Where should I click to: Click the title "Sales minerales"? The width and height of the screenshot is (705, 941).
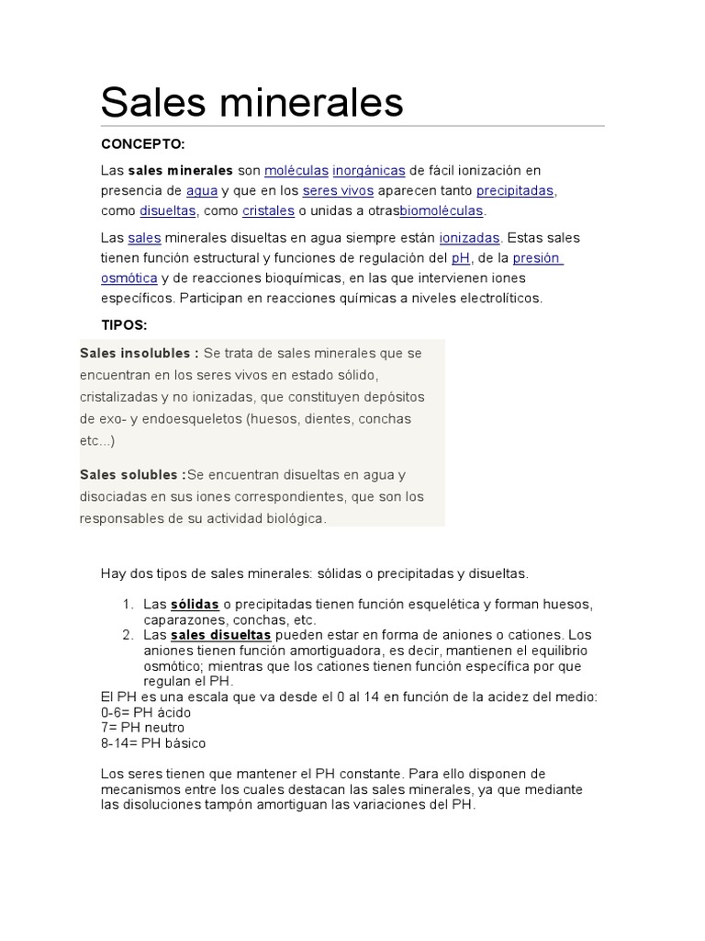[x=252, y=102]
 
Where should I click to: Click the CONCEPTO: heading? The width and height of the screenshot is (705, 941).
[x=142, y=144]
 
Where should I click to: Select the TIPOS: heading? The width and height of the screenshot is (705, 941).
[x=124, y=325]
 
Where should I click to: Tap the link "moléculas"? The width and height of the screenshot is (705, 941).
[x=296, y=170]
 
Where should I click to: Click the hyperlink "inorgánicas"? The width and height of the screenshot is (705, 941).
[x=368, y=170]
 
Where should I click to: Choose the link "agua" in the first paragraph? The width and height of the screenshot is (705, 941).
[x=201, y=190]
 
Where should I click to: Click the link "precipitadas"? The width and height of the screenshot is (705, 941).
[x=515, y=190]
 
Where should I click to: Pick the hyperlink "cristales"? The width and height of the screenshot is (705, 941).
[x=268, y=210]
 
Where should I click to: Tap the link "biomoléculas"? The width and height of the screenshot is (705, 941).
[x=441, y=210]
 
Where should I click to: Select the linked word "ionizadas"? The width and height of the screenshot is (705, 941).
[x=469, y=238]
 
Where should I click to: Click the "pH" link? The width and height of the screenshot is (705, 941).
[x=460, y=258]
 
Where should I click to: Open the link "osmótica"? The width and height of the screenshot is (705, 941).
[x=129, y=278]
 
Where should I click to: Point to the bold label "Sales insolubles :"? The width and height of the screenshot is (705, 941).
[x=140, y=353]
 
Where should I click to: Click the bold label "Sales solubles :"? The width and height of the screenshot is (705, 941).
[x=133, y=475]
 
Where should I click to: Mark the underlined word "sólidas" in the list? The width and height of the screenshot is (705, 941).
[x=195, y=605]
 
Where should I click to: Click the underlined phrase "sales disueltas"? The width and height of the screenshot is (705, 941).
[x=220, y=635]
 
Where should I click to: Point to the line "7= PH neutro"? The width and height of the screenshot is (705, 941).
[x=142, y=728]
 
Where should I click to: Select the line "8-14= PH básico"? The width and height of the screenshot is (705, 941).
[x=153, y=743]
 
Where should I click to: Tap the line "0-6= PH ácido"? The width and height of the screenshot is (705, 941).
[x=147, y=712]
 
